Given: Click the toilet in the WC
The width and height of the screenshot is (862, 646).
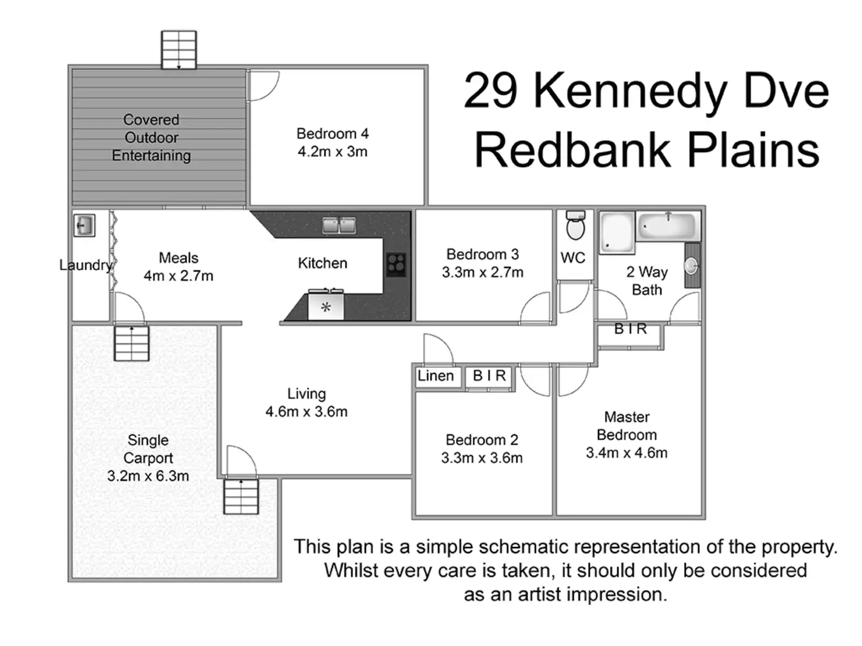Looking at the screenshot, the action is coord(576,226).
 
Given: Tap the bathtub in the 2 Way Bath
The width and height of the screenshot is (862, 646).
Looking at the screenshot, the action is coord(668,226).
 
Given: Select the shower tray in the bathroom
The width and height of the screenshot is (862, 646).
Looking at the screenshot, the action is coord(617,233).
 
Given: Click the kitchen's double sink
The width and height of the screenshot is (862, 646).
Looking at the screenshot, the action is coord(339,225).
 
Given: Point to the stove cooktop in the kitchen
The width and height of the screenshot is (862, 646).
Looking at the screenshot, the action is coord(396,264).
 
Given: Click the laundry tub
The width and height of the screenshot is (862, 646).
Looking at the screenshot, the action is coord(84,225).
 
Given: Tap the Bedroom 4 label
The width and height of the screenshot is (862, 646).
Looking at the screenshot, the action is coord(332,134).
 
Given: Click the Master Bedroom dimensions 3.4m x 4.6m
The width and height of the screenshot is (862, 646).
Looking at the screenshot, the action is coord(627,453).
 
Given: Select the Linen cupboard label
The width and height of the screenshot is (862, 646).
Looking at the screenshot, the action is coord(436,376).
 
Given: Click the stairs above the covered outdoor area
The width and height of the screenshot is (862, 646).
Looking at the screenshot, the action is coord(179,50).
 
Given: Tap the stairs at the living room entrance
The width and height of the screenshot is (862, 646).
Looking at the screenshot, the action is coord(241,496).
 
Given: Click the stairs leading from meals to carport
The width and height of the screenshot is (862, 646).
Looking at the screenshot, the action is coord(132,343).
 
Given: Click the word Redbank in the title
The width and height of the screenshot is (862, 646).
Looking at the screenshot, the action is coord(572,150).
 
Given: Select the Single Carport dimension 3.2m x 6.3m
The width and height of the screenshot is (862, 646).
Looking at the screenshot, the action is coord(148,476).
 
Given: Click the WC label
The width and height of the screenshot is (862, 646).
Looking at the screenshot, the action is coord(573,258).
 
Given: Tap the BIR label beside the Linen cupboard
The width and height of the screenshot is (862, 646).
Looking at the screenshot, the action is coord(489,376).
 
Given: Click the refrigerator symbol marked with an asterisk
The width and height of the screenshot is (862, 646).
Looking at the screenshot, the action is coord(326,306).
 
